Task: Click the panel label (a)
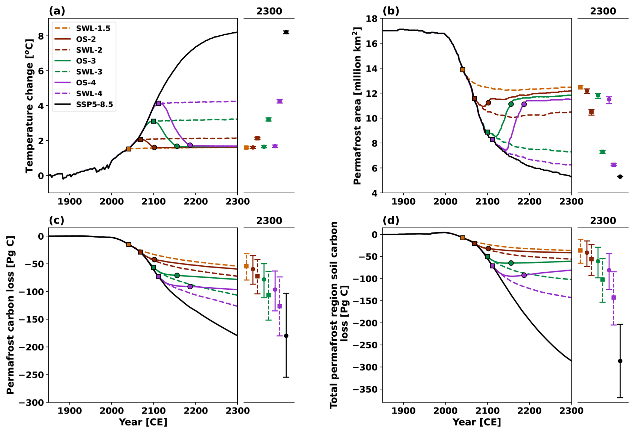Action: coord(57,11)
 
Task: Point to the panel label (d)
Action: coord(391,221)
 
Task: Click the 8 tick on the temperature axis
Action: coord(41,36)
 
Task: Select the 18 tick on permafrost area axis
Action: coord(371,18)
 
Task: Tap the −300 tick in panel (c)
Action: coord(31,402)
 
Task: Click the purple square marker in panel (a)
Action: coord(158,103)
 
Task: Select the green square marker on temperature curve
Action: coord(153,121)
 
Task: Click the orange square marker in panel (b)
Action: coord(462,70)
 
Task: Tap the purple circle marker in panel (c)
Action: coord(190,287)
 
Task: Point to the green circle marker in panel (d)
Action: coord(511,263)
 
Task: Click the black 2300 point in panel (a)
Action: coord(286,32)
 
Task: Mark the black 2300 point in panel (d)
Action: coord(620,361)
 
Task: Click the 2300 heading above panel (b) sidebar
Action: coord(603,11)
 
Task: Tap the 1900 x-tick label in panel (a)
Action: coord(69,202)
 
